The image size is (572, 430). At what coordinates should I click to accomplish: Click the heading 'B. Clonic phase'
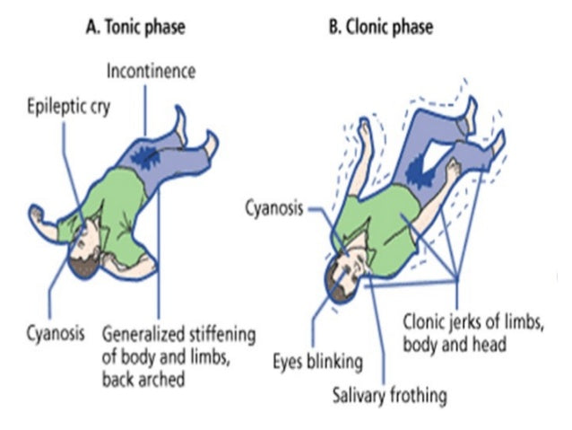(x=380, y=27)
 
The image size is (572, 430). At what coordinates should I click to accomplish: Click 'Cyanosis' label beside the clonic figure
(x=273, y=208)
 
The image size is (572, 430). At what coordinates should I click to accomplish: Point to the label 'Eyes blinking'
(x=317, y=362)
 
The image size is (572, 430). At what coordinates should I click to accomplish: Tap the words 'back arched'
(x=143, y=379)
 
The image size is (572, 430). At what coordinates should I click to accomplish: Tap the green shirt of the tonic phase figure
(x=112, y=202)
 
